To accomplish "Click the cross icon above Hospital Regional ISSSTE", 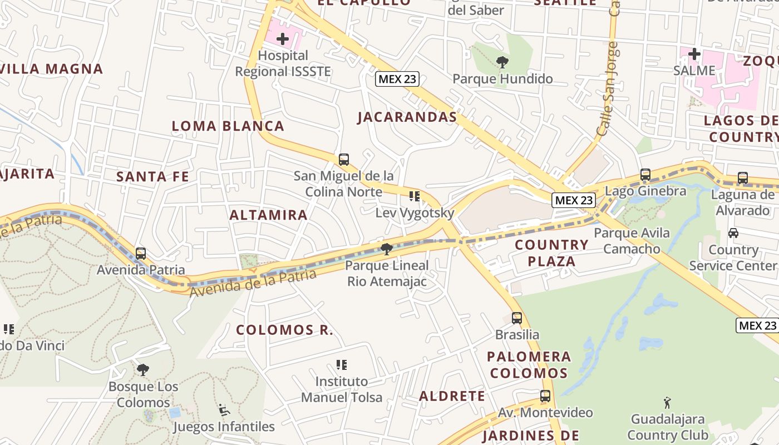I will click(283, 39).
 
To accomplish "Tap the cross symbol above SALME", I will click(694, 54).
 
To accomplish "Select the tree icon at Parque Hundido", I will click(502, 62).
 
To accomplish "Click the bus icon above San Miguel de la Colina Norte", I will click(344, 160).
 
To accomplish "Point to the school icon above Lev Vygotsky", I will click(414, 196).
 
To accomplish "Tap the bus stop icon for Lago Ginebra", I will click(645, 175).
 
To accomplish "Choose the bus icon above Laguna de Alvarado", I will click(742, 178).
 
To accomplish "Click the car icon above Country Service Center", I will click(733, 233).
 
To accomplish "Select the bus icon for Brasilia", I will click(517, 318).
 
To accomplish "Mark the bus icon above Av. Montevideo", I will click(545, 396).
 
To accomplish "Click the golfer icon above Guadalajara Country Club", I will click(667, 402).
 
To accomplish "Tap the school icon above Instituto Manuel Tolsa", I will click(342, 365).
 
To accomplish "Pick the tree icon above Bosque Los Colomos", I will click(143, 369).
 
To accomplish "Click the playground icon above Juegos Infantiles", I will click(224, 410).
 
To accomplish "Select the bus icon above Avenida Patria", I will click(141, 254).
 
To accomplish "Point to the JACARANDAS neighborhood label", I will click(407, 117).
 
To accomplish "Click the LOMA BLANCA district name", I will click(228, 126).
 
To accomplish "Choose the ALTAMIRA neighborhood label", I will click(268, 215).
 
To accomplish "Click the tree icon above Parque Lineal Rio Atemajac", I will click(387, 249).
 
